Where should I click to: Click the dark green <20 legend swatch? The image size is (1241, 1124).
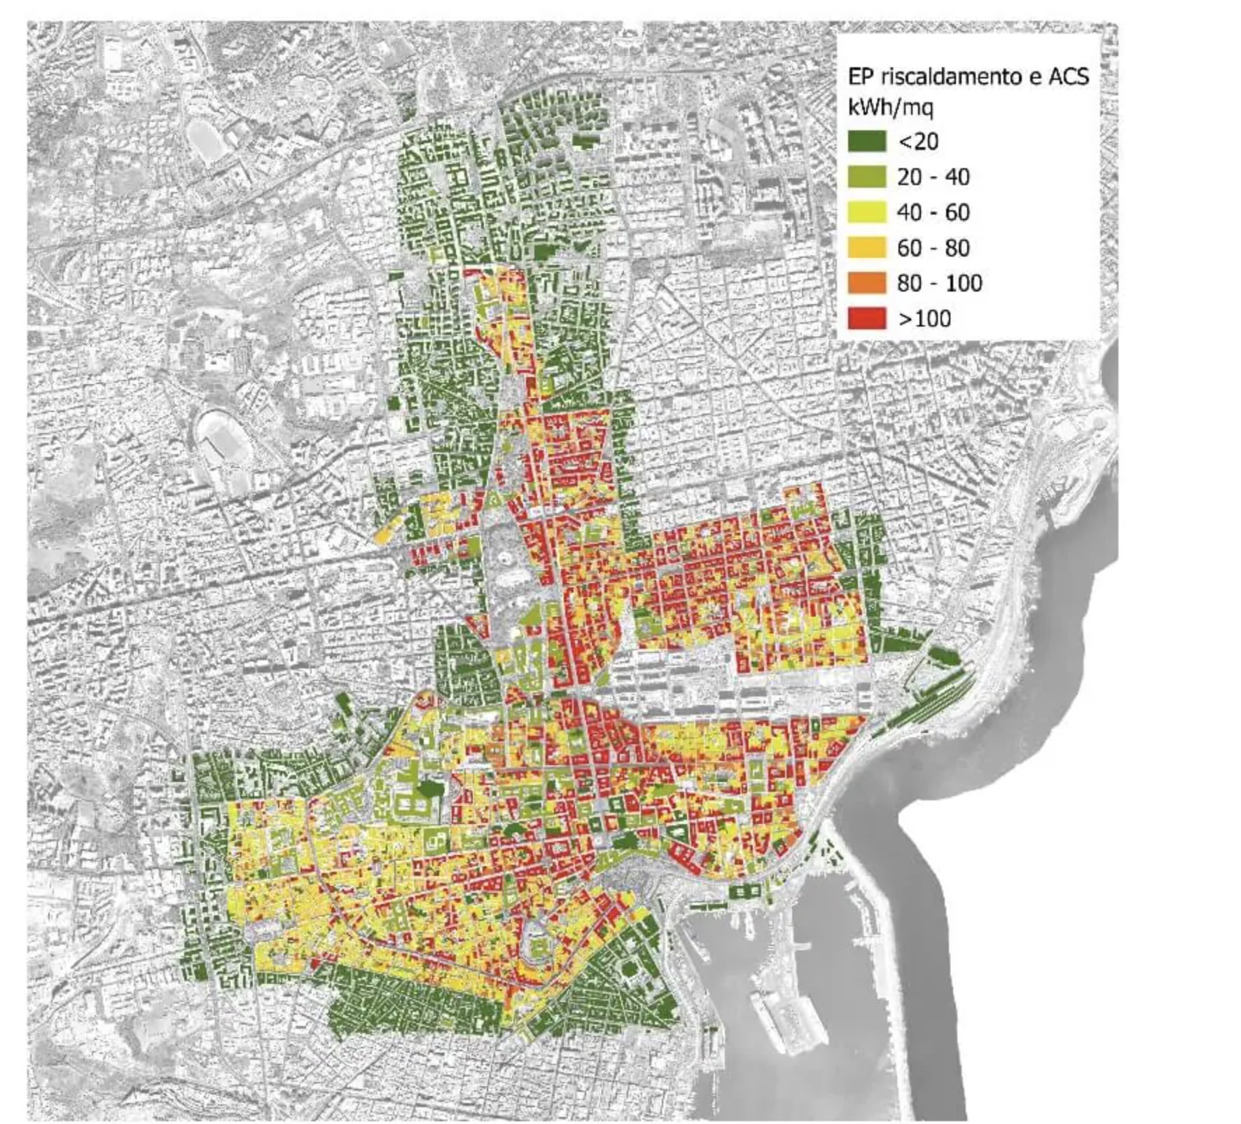866,142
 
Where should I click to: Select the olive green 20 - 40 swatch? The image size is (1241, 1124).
866,177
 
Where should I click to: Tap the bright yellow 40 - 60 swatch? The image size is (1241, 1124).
866,212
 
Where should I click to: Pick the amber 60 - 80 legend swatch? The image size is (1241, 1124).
866,247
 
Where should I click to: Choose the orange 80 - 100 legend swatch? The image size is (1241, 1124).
866,283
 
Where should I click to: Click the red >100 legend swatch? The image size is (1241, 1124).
866,319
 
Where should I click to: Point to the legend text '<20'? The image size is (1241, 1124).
917,142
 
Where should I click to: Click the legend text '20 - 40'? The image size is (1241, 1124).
933,177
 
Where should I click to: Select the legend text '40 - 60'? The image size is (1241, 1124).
933,212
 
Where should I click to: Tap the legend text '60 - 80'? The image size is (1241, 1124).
933,247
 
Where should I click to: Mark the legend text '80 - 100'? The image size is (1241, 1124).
939,283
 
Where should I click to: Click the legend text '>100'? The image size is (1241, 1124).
924,319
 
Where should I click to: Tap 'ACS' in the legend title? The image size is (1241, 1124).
1068,76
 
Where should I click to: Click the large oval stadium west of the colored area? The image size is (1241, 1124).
223,439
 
